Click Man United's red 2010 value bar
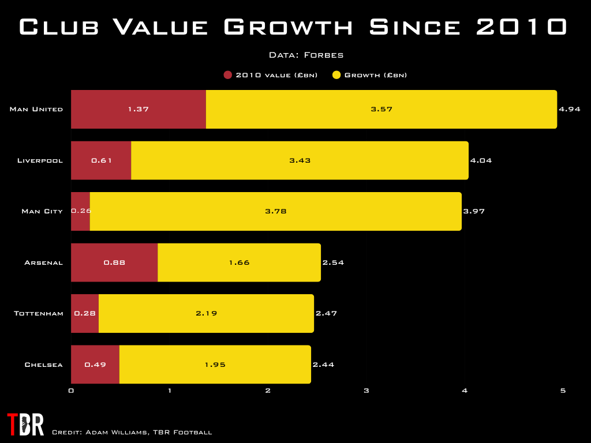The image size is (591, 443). point(139,109)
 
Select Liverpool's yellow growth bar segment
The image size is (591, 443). point(300,160)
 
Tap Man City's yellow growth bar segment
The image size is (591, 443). point(275,211)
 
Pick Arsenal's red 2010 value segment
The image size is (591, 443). point(114,262)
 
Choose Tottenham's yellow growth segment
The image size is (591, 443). point(206,313)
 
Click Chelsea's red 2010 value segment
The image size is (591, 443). point(95,365)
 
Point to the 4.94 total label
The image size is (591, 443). point(569,109)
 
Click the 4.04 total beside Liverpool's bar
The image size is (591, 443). point(481,160)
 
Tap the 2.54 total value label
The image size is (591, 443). point(333,262)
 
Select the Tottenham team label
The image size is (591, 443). point(38,313)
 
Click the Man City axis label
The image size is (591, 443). point(42,211)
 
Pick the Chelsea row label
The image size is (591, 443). point(43,365)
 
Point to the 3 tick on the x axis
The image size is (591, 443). point(366,391)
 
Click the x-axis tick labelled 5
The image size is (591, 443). point(563,391)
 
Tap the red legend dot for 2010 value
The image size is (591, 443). point(227,75)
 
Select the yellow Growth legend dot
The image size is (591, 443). point(336,75)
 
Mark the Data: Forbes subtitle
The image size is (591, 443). point(306,55)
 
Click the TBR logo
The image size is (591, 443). point(25,425)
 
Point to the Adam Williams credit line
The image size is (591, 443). point(132,432)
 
